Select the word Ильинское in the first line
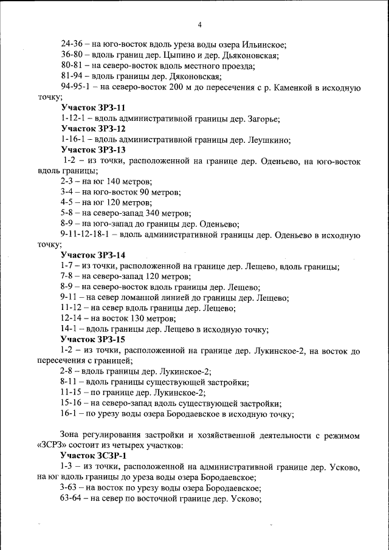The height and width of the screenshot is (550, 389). [263, 44]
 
